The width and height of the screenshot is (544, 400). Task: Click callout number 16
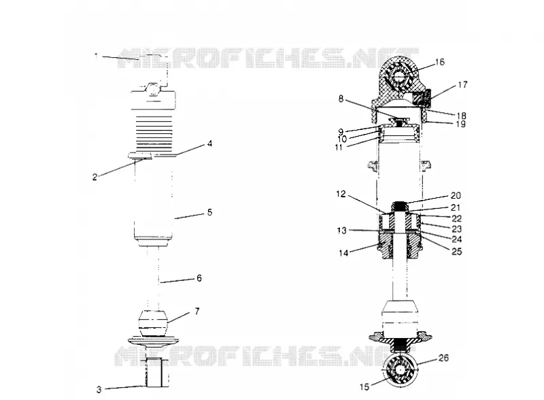[x=439, y=62]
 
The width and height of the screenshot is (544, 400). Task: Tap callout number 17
[x=463, y=84]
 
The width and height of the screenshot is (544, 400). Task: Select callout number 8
[x=341, y=99]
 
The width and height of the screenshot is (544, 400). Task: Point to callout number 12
[x=341, y=194]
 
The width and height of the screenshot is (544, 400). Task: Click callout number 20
[x=456, y=195]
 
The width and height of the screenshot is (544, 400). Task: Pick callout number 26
[x=444, y=358]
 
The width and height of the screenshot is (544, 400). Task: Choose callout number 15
[x=364, y=387]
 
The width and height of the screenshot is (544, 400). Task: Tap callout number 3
[x=99, y=390]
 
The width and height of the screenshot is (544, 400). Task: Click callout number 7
[x=197, y=311]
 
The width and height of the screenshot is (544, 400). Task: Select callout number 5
[x=209, y=212]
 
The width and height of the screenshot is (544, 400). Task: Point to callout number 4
[x=209, y=144]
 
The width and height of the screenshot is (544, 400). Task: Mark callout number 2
[x=95, y=177]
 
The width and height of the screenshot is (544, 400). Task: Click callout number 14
[x=343, y=253]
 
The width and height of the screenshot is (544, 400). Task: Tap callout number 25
[x=456, y=251]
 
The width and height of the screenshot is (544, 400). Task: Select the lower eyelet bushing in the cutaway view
[x=401, y=371]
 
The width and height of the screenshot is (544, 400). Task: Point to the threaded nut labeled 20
[x=401, y=206]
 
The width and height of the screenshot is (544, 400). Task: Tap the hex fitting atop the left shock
[x=153, y=88]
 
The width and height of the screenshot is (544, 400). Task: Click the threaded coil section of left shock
[x=154, y=131]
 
